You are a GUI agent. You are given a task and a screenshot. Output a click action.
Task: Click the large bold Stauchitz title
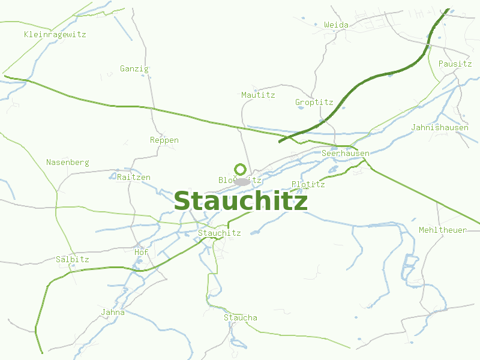(x=241, y=202)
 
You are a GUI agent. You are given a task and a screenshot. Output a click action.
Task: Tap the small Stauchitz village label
(x=219, y=233)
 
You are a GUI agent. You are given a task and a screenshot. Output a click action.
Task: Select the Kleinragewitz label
(x=55, y=34)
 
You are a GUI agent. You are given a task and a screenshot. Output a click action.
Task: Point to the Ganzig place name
(x=134, y=68)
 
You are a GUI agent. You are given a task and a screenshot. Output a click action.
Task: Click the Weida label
(x=336, y=25)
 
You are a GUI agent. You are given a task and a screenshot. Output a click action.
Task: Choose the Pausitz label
(x=455, y=64)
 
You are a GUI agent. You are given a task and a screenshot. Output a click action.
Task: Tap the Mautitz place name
(x=258, y=95)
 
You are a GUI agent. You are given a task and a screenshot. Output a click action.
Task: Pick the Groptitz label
(x=314, y=102)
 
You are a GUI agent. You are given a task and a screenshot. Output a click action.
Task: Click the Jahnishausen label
(x=440, y=127)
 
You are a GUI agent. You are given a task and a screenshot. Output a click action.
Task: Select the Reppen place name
(x=164, y=140)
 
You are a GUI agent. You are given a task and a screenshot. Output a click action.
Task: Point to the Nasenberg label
(x=68, y=162)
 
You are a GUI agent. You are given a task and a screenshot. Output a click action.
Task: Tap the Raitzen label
(x=134, y=177)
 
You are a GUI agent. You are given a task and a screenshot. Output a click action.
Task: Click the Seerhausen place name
(x=346, y=153)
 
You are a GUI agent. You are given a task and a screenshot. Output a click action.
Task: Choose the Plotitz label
(x=308, y=184)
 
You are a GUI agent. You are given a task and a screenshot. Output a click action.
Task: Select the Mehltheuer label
(x=443, y=230)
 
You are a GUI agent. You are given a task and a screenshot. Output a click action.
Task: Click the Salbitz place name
(x=73, y=259)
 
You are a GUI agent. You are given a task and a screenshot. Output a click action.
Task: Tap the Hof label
(x=141, y=252)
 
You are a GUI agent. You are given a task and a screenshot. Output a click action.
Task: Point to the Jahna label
(x=113, y=312)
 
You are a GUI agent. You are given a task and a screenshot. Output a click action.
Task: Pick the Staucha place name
(x=241, y=317)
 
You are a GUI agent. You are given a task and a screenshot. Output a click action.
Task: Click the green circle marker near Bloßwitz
(x=240, y=169)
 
